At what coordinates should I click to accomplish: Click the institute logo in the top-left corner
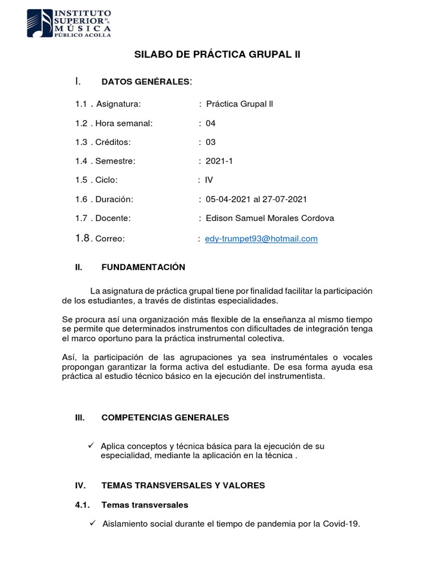(x=70, y=23)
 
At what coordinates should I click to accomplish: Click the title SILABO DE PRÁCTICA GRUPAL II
(x=217, y=55)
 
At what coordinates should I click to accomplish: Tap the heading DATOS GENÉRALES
(x=146, y=82)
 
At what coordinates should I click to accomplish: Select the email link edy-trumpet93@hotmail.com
(x=261, y=239)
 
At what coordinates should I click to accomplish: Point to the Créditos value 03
(x=211, y=142)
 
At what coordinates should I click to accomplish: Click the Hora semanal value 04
(x=211, y=123)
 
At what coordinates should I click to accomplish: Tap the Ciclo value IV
(x=209, y=180)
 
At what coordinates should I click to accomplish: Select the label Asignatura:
(x=118, y=104)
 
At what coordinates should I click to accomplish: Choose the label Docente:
(x=113, y=218)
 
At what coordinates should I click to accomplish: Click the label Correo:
(x=109, y=239)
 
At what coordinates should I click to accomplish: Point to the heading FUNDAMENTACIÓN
(x=143, y=267)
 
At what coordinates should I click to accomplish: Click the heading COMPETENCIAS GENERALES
(x=165, y=417)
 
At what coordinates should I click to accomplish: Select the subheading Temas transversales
(x=145, y=505)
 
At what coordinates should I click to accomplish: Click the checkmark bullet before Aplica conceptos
(x=90, y=446)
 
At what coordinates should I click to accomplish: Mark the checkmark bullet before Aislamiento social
(x=93, y=523)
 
